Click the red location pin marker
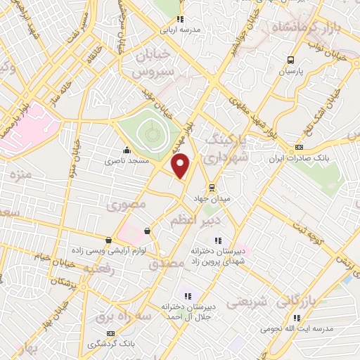pos(181,166)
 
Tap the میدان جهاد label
pos(212,199)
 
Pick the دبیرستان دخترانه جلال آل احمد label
pos(188,311)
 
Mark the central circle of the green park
pos(149,130)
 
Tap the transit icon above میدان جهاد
pos(211,187)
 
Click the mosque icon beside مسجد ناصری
pos(127,150)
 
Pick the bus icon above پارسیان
pos(290,60)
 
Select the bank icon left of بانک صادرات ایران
pos(299,147)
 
